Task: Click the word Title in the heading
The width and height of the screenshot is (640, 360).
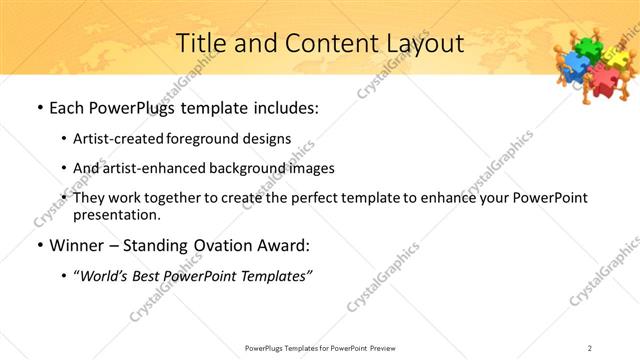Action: [200, 43]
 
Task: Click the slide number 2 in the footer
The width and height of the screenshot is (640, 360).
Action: [590, 347]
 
